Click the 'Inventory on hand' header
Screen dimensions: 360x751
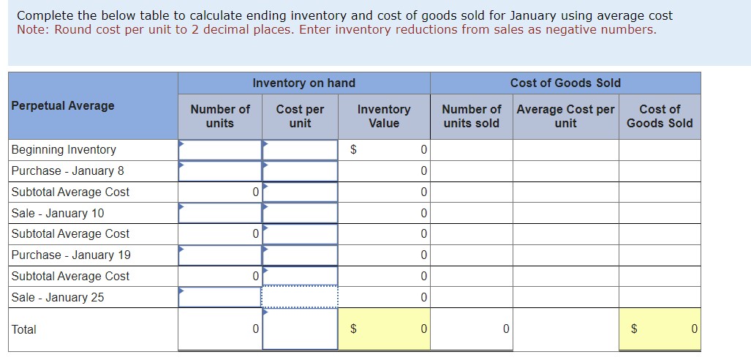303,83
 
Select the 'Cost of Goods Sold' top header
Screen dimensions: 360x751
565,83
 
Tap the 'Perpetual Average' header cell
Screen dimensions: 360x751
63,105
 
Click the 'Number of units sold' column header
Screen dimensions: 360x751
471,116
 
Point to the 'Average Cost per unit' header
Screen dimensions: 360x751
565,116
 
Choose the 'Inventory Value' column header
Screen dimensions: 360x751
383,116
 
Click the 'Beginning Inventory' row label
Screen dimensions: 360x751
64,149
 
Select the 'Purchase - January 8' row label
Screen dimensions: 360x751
68,170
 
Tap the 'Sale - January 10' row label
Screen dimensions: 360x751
58,213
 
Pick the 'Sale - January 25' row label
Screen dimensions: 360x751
58,297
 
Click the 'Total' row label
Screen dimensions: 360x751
24,329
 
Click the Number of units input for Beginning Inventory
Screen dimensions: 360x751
220,149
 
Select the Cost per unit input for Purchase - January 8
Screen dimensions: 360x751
300,170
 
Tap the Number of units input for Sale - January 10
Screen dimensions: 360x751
220,213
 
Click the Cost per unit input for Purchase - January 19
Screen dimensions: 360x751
300,255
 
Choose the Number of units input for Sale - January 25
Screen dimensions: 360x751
220,297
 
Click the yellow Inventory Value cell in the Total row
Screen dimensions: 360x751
384,329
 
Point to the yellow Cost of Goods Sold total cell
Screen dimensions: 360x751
660,329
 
